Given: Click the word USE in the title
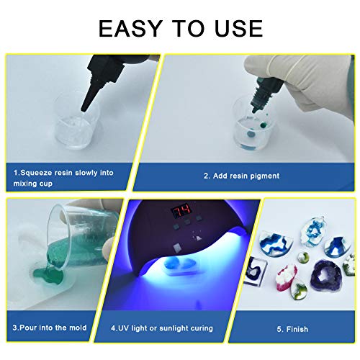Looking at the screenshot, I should [x=234, y=28].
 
